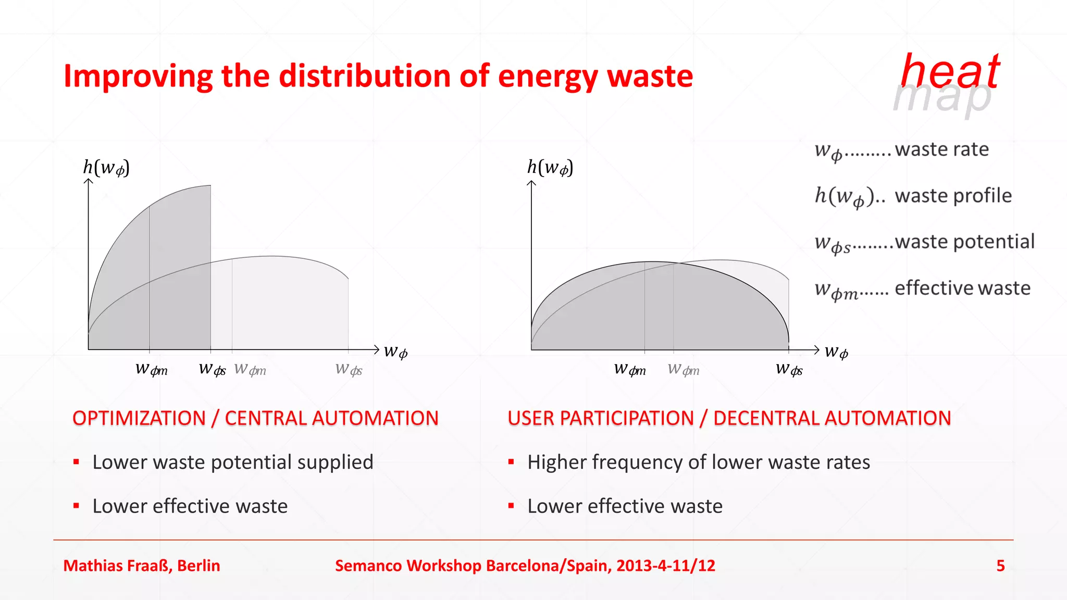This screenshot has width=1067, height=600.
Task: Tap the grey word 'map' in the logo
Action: pos(942,98)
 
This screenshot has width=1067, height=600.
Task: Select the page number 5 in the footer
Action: pos(1000,566)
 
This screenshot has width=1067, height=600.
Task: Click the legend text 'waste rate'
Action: pos(941,149)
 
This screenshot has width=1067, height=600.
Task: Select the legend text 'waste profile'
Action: pos(953,196)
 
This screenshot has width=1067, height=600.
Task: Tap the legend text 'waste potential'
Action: pos(964,242)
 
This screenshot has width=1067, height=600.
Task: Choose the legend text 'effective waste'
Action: pos(962,288)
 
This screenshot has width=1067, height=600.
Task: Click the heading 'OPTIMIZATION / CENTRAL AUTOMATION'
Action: pos(255,418)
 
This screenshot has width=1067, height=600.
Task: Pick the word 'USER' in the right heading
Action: pos(531,418)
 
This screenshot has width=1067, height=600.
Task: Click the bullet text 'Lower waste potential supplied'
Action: pos(233,463)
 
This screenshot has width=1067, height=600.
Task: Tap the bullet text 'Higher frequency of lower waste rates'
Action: pos(698,463)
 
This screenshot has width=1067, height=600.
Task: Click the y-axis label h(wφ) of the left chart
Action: pos(106,168)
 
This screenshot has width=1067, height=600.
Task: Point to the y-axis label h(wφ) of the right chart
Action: pos(550,168)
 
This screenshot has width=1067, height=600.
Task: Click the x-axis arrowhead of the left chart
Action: pos(377,349)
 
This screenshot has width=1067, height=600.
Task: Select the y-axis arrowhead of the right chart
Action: pos(531,183)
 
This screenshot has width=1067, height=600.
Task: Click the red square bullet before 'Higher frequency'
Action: pos(511,462)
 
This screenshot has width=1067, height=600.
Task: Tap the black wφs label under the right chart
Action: pos(789,370)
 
